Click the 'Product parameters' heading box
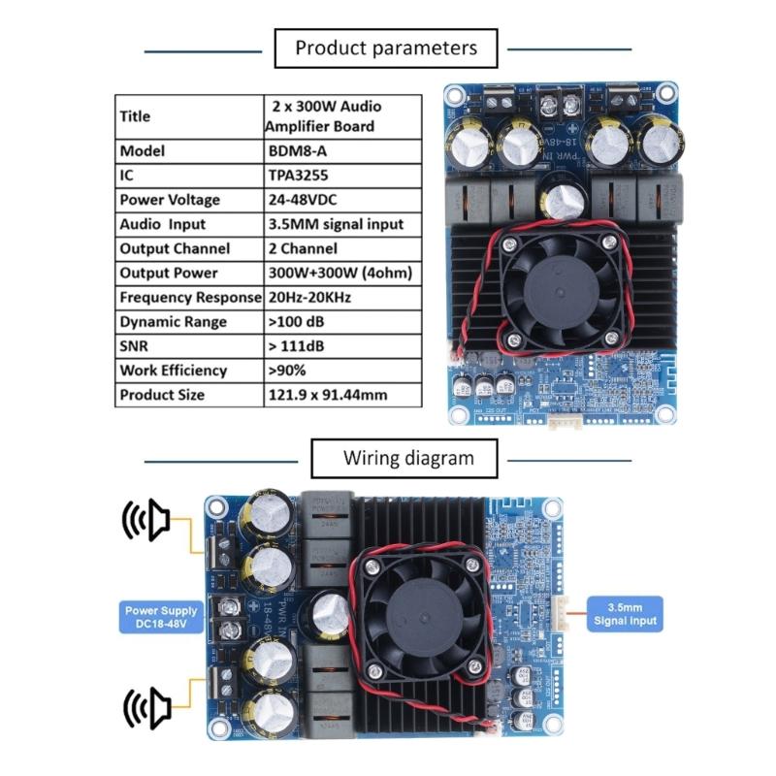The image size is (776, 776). tap(386, 48)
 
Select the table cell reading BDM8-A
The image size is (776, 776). tap(342, 151)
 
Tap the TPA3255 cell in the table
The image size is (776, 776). tap(342, 176)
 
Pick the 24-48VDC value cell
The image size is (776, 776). tap(342, 200)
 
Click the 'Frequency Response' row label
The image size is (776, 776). tap(189, 297)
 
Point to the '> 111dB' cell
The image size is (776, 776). tap(342, 345)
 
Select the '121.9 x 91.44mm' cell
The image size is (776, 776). tap(342, 395)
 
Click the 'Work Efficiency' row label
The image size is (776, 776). tap(189, 370)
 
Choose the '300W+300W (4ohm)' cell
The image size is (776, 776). tap(342, 273)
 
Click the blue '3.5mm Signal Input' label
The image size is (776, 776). tap(626, 614)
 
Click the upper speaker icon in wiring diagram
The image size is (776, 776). tap(145, 522)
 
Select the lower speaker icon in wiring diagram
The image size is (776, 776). tap(145, 704)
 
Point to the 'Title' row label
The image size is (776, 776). tap(189, 116)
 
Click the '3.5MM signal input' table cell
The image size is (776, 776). tap(342, 224)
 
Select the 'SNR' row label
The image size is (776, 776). tap(189, 345)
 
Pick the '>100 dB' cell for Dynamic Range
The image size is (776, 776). tap(342, 321)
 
